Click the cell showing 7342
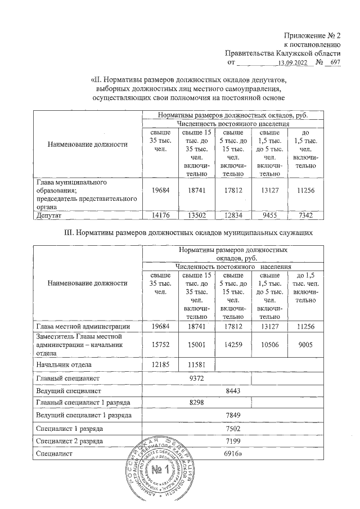304,214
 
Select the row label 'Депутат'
49,214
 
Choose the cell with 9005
304,346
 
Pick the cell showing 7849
232,416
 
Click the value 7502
232,429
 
